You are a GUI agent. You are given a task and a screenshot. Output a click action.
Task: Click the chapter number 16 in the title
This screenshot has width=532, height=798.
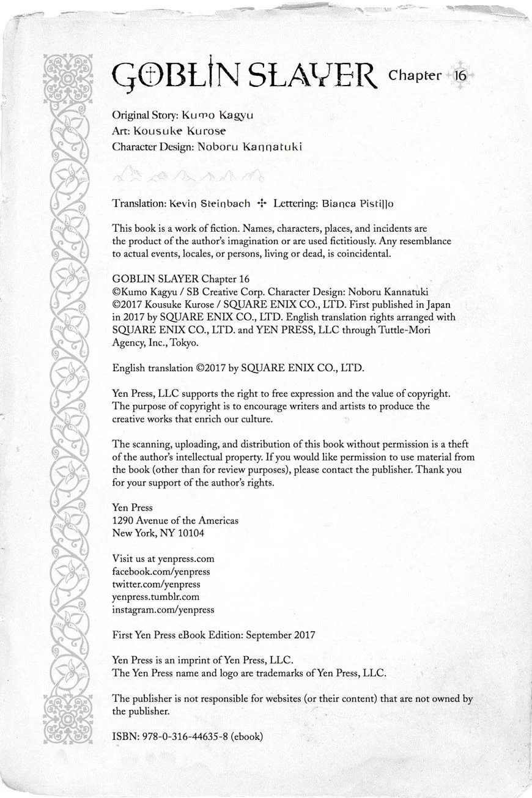point(460,76)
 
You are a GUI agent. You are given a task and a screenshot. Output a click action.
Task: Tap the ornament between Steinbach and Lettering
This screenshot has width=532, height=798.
point(262,203)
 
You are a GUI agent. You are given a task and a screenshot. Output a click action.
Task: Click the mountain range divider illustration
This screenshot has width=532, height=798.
point(188,176)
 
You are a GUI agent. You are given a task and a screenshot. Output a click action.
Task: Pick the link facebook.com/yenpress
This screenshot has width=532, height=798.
point(161,571)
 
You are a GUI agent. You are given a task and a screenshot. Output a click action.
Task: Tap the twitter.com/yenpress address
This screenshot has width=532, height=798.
point(156,584)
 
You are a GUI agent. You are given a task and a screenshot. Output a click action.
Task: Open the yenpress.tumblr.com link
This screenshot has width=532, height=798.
point(156,597)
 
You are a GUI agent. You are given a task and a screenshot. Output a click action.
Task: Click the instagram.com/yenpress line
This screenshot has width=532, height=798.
point(163,610)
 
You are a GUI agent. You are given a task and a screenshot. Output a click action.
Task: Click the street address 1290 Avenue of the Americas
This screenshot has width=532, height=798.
point(175,520)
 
